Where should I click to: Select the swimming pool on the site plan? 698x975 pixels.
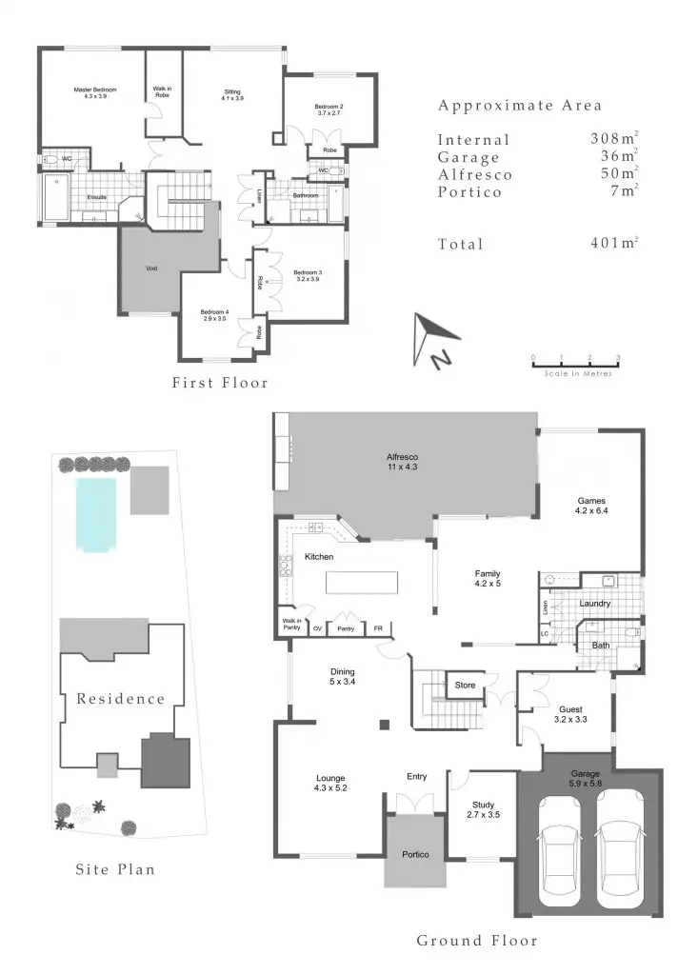tap(95, 515)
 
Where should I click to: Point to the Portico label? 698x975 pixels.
tap(415, 854)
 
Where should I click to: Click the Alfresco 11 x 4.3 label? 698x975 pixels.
tap(405, 462)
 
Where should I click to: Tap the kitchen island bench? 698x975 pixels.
tap(362, 582)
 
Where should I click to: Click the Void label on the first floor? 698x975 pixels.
tap(150, 269)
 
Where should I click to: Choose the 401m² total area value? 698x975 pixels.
tap(613, 244)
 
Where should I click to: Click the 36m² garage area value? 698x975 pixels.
tap(613, 157)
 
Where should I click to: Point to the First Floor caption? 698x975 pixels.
tap(220, 383)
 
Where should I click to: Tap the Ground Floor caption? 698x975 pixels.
tap(477, 941)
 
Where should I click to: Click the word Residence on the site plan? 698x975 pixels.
tap(121, 699)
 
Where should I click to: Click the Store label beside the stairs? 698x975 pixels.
tap(465, 685)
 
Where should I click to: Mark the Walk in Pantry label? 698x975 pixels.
tap(290, 625)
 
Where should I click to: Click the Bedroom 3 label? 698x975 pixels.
tap(308, 276)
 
